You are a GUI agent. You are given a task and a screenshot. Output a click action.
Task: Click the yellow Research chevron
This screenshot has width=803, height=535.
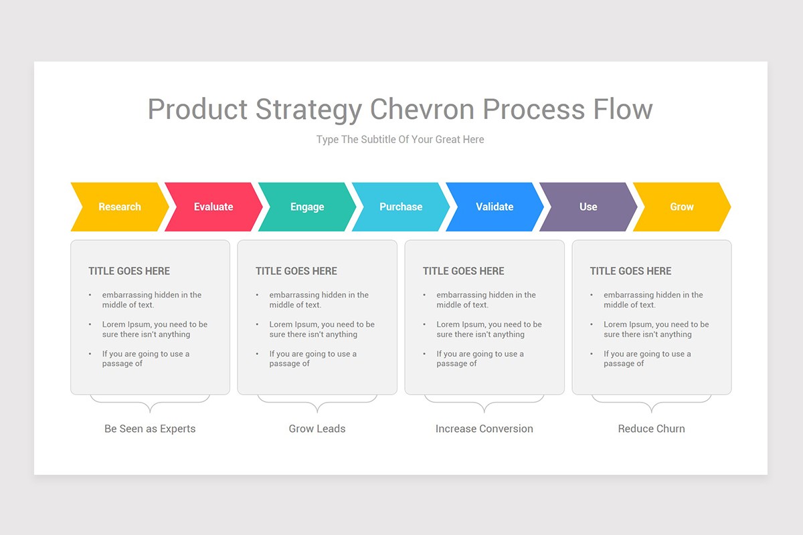pos(120,207)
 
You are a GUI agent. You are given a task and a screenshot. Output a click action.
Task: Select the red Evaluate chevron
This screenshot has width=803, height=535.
pos(213,207)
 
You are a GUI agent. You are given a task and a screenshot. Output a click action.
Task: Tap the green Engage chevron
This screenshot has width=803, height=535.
pos(307,207)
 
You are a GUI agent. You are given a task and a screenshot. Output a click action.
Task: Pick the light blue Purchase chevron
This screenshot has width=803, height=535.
pos(401,207)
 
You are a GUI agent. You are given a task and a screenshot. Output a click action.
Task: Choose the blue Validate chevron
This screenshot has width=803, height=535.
pos(495,207)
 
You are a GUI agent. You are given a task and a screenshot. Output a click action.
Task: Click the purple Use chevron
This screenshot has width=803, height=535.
pos(588,207)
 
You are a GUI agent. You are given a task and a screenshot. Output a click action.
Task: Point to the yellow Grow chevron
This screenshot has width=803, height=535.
pos(682,207)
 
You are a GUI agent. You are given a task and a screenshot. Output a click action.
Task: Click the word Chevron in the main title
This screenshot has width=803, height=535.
pos(423,109)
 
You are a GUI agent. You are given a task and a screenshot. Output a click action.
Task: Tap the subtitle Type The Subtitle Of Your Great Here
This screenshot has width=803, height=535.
pos(400,140)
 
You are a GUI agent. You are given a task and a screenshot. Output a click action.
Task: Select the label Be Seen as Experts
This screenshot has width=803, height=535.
pos(150,429)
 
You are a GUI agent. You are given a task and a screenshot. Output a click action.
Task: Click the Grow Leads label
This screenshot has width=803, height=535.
pos(317,429)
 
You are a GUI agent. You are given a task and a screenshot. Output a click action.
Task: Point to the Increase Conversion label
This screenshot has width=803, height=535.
pos(484,429)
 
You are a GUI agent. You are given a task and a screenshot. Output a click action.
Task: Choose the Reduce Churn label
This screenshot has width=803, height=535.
pos(652,429)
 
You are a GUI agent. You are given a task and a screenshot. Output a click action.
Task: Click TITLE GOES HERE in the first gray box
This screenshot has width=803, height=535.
pos(129,271)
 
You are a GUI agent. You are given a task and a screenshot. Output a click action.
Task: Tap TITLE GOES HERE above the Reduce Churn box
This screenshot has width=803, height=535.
pos(630,271)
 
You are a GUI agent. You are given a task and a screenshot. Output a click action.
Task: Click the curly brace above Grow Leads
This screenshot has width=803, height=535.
pos(317,403)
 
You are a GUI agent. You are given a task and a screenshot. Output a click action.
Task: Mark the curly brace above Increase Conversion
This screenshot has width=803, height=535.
pos(484,403)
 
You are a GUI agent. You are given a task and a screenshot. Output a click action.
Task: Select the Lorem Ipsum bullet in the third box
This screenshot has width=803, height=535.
pos(488,329)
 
